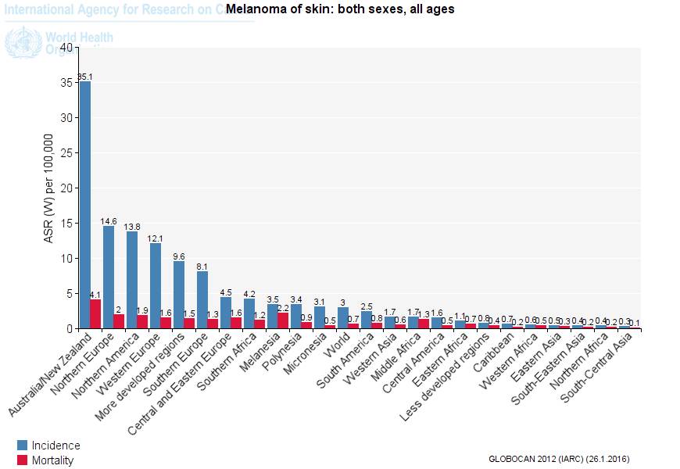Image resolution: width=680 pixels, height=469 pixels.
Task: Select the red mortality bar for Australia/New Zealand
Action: tap(96, 314)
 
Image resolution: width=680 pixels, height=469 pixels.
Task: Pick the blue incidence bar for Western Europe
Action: tap(156, 286)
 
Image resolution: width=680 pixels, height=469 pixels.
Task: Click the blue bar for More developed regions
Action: tap(179, 295)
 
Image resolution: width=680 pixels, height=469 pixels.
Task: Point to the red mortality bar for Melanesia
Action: tap(284, 321)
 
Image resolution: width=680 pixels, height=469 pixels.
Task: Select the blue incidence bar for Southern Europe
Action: tap(202, 300)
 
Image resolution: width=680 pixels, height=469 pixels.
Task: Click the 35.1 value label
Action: tap(85, 77)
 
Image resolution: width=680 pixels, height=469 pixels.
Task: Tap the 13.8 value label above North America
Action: tap(132, 226)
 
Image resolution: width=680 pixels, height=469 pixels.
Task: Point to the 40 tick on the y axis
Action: tap(66, 48)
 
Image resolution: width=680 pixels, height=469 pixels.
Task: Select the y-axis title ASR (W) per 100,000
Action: tap(48, 188)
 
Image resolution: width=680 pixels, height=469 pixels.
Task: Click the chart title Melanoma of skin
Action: tap(340, 9)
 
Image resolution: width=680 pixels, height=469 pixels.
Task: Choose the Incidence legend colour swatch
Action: tap(23, 446)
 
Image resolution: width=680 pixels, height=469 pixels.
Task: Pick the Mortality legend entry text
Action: tap(52, 460)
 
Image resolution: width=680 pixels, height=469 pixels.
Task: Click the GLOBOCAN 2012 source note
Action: tap(558, 459)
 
